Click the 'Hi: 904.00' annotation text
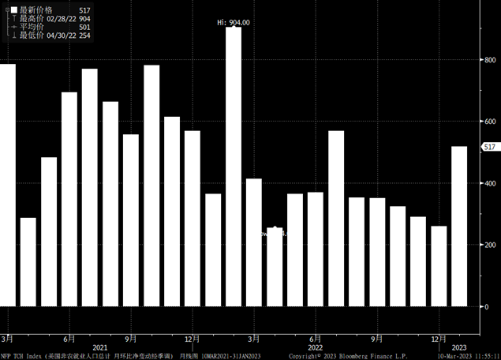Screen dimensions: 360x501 (233, 22)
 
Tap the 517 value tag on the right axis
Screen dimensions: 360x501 (489, 148)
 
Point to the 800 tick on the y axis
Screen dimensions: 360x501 (489, 59)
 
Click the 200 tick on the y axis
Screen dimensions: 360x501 (489, 245)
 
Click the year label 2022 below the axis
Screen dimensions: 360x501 (315, 347)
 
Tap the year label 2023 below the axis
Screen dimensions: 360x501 (459, 347)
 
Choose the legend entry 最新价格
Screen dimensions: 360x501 (35, 9)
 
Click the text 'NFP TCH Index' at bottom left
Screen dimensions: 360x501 (21, 356)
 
